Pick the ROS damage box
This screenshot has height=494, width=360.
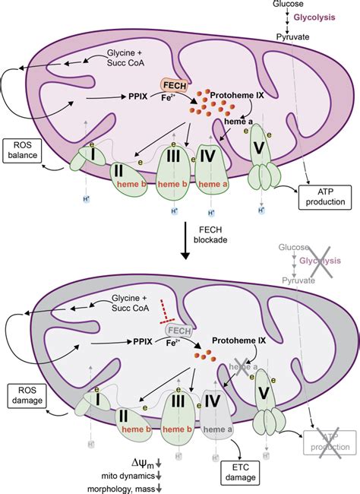coord(21,396)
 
